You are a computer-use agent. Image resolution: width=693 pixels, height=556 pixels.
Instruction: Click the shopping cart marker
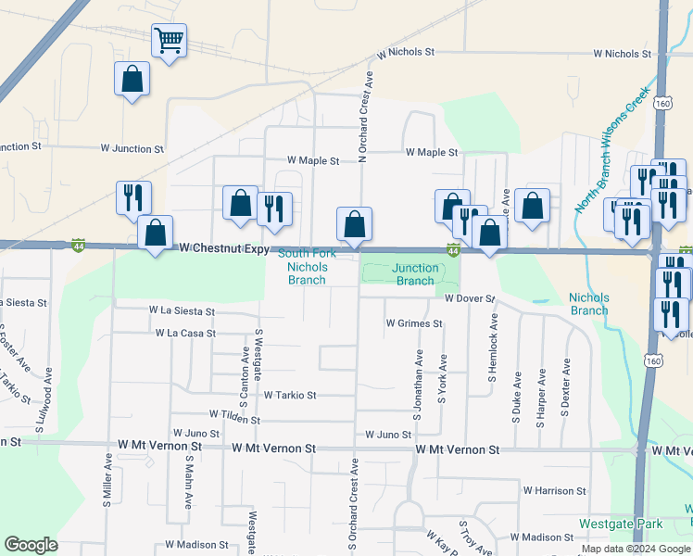click(x=169, y=42)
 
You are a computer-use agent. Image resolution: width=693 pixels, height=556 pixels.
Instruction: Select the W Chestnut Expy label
click(x=224, y=249)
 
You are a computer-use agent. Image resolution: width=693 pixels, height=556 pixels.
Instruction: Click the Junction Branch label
click(x=415, y=274)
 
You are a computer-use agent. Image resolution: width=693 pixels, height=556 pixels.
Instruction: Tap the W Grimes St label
click(x=414, y=323)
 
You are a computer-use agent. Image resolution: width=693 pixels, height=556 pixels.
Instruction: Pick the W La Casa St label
click(x=185, y=333)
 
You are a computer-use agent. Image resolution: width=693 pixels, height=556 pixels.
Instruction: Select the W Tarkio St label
click(x=290, y=395)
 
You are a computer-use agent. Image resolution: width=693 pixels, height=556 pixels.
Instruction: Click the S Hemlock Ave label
click(x=494, y=348)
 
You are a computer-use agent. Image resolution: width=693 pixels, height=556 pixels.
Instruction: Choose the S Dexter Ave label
click(x=565, y=395)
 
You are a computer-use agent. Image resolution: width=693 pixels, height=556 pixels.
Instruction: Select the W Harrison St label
click(x=555, y=490)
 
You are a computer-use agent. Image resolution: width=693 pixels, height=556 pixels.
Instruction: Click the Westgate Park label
click(x=621, y=524)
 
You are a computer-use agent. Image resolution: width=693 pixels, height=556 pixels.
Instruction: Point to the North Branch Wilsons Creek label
click(x=612, y=149)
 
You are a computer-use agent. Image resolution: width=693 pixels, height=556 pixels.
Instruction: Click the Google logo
click(x=31, y=545)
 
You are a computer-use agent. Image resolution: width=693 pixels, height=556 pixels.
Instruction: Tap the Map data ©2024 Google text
click(x=635, y=549)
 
